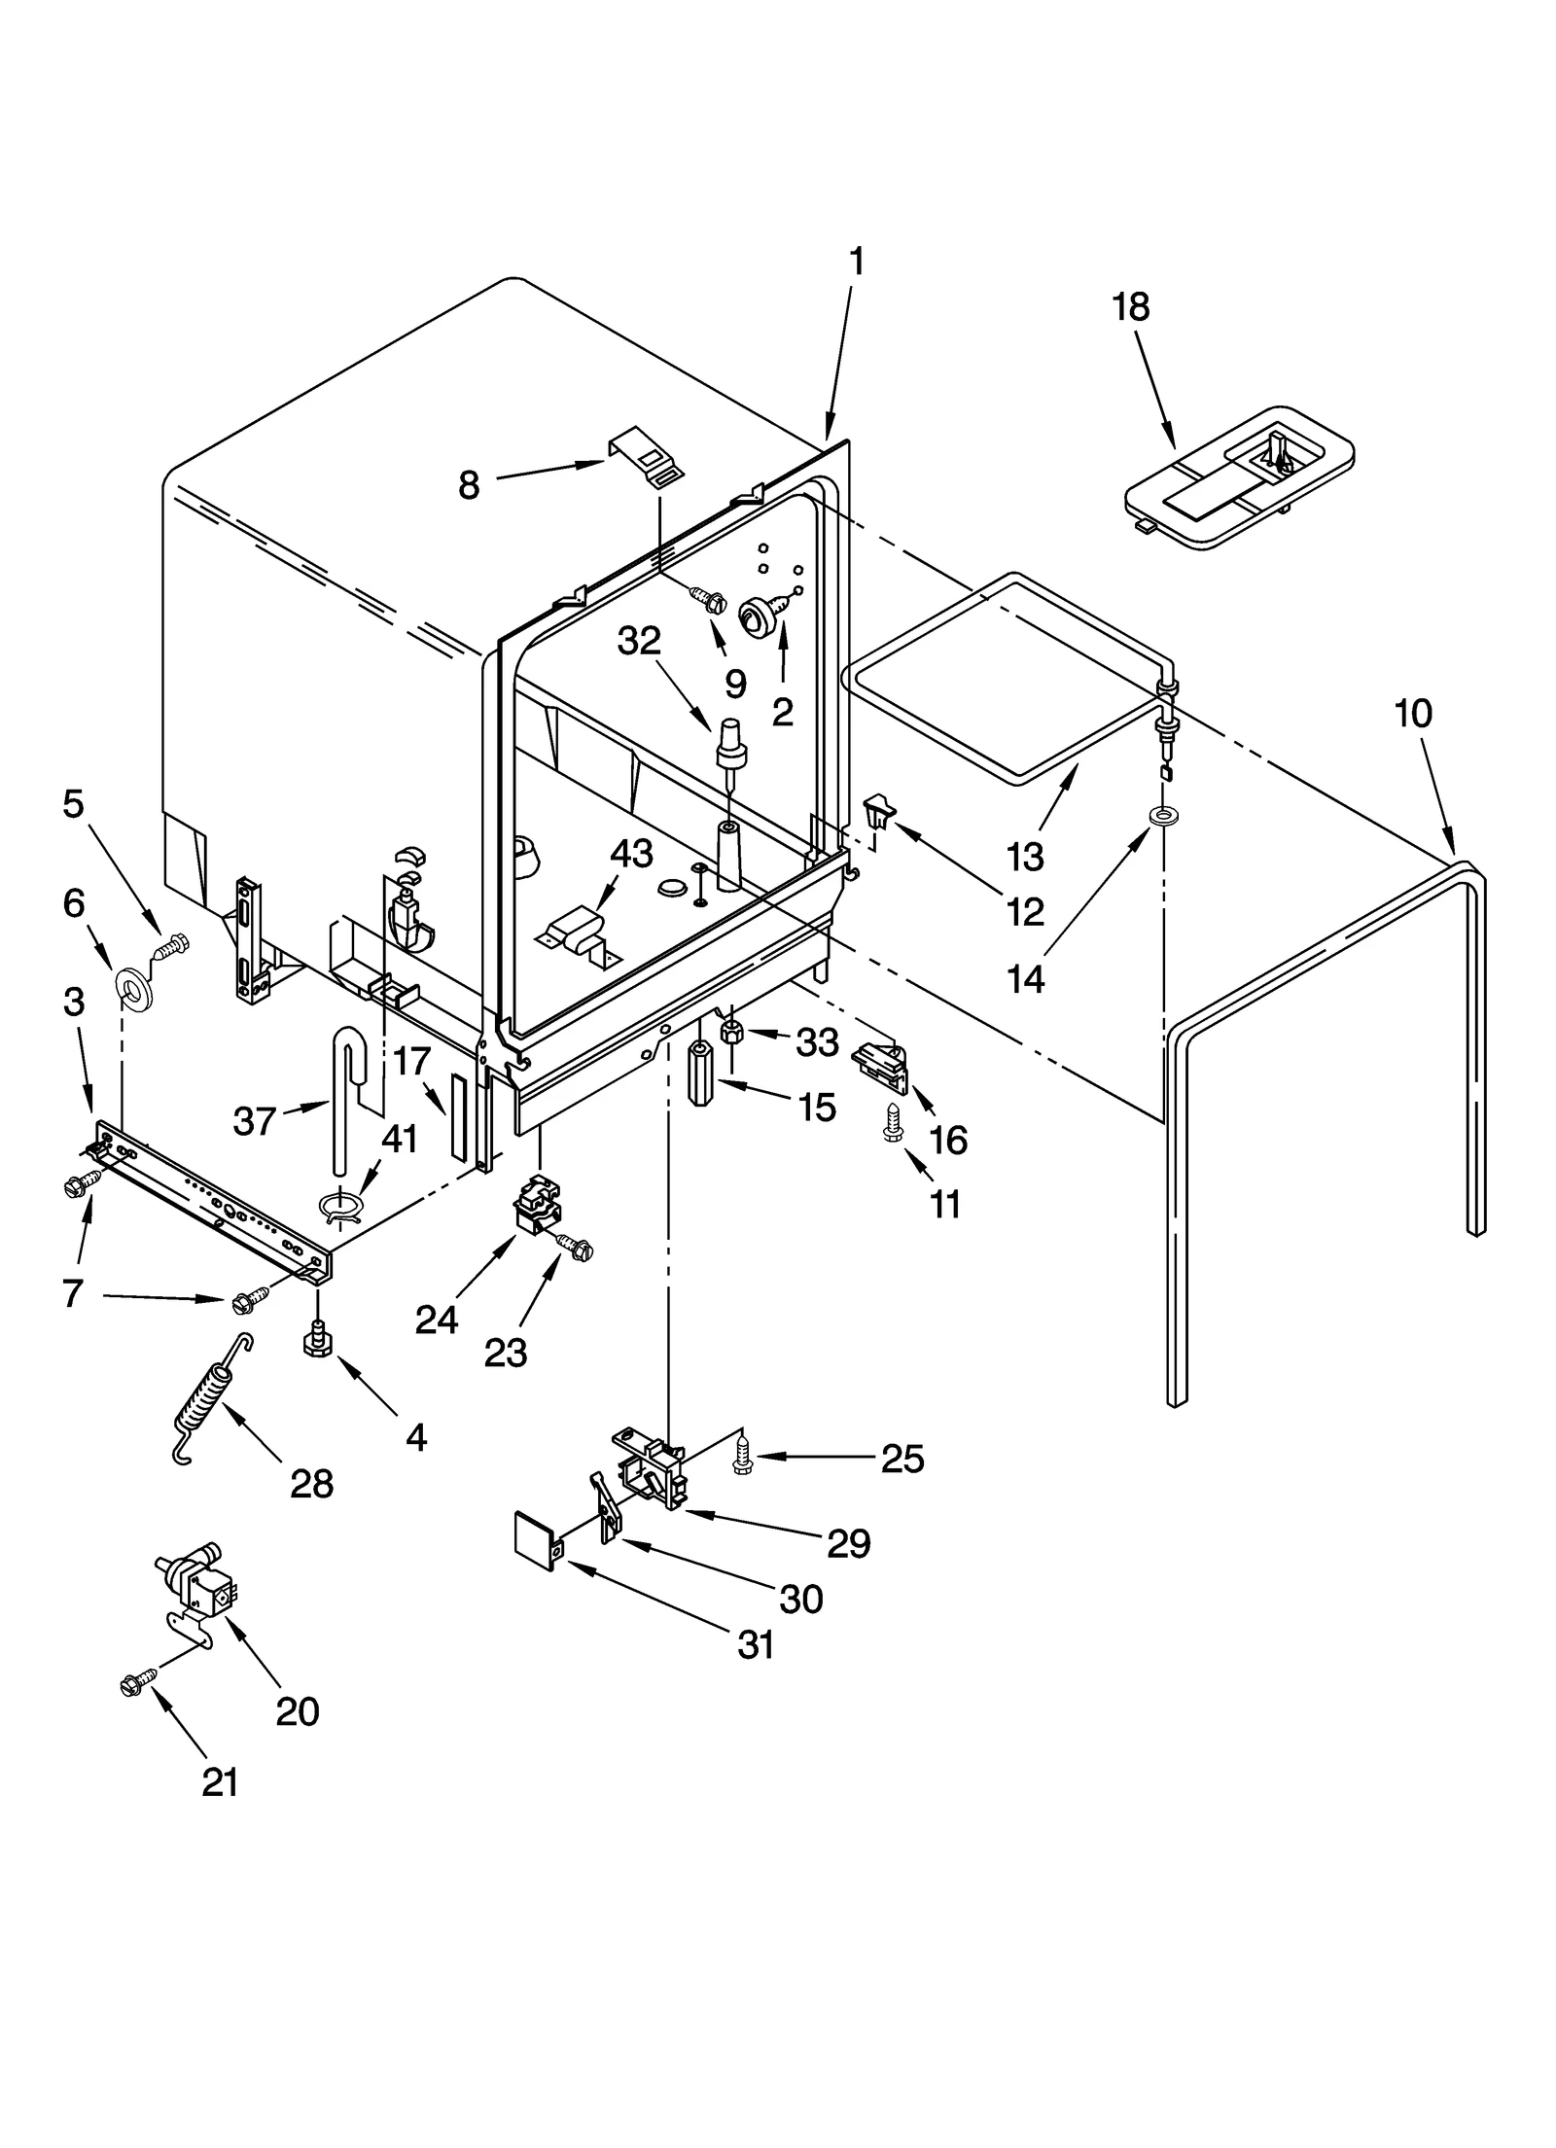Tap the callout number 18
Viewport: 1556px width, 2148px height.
point(1130,306)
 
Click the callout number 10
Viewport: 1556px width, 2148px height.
point(1412,715)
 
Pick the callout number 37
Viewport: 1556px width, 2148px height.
point(255,1122)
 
